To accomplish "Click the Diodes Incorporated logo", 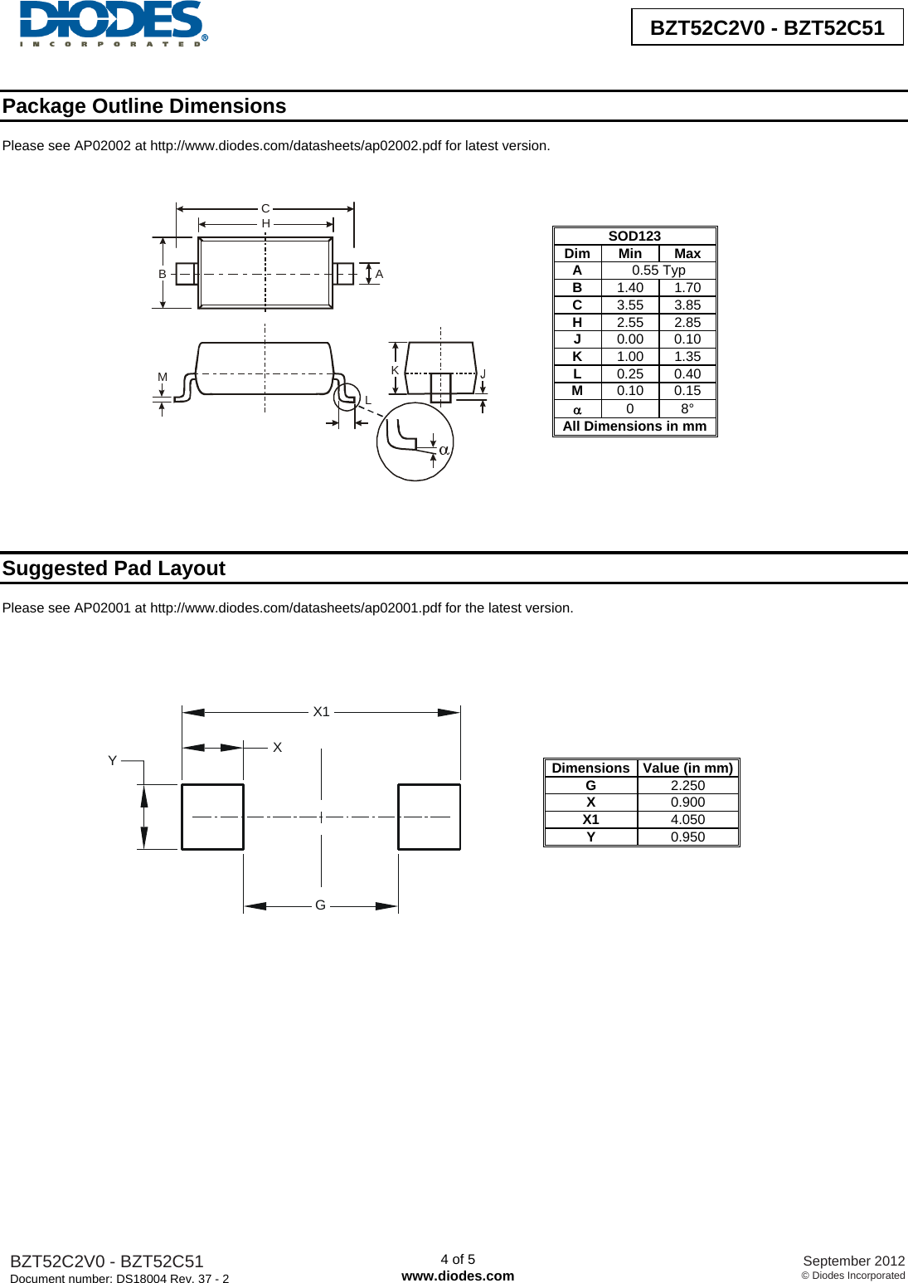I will click(113, 23).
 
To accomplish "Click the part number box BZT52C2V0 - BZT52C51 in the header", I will click(766, 27).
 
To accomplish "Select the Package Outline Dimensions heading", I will click(144, 106).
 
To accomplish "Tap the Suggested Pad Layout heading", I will click(114, 568).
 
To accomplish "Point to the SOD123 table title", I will click(634, 236).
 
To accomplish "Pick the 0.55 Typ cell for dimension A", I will click(658, 271).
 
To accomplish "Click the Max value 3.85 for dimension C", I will click(687, 305).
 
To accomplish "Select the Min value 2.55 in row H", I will click(629, 322).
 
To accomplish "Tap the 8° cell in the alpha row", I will click(687, 409).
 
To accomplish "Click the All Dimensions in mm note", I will click(634, 427).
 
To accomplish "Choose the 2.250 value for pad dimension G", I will click(687, 785).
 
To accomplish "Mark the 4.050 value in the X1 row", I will click(687, 819).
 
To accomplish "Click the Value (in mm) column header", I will click(687, 768).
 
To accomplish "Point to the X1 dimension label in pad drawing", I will click(321, 711).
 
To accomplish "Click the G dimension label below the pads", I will click(320, 905).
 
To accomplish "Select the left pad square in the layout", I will click(212, 817).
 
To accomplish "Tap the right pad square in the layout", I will click(429, 817).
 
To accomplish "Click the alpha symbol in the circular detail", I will click(444, 450).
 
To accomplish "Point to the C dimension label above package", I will click(265, 208).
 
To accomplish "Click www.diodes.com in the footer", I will click(458, 1276).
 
